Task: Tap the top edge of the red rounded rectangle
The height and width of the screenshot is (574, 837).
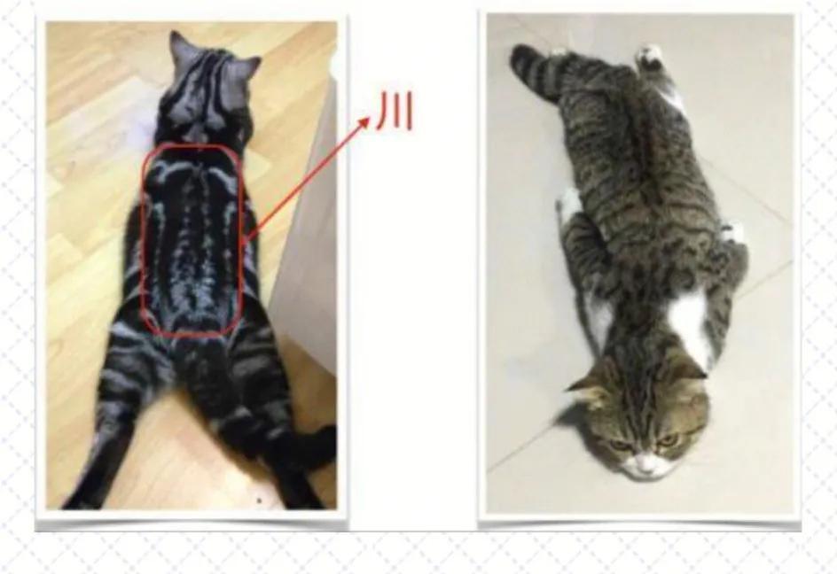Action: [x=191, y=143]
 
